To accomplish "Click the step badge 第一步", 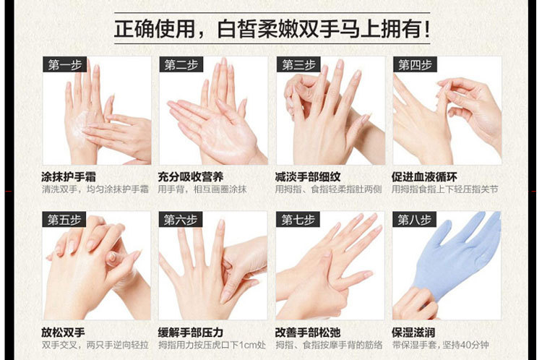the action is point(64,64).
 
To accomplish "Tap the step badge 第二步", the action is point(181,64).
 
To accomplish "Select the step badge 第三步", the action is point(298,64).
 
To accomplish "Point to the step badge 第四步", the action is point(415,64).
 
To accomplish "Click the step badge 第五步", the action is point(64,220).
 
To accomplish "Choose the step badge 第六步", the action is point(181,220).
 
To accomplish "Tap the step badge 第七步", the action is point(298,220).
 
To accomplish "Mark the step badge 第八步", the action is point(415,220).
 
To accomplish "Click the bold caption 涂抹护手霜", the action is point(69,176).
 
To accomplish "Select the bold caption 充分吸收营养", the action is point(191,176).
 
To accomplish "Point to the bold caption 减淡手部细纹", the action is point(308,176).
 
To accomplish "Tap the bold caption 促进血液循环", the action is point(424,176).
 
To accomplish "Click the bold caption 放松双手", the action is point(64,333).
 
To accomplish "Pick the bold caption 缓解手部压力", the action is point(191,333).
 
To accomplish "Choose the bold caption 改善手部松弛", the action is point(308,333).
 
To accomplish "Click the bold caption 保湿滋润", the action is point(413,333).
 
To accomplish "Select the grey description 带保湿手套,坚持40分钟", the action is point(440,345).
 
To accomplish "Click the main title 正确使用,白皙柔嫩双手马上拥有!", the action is point(272,29).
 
